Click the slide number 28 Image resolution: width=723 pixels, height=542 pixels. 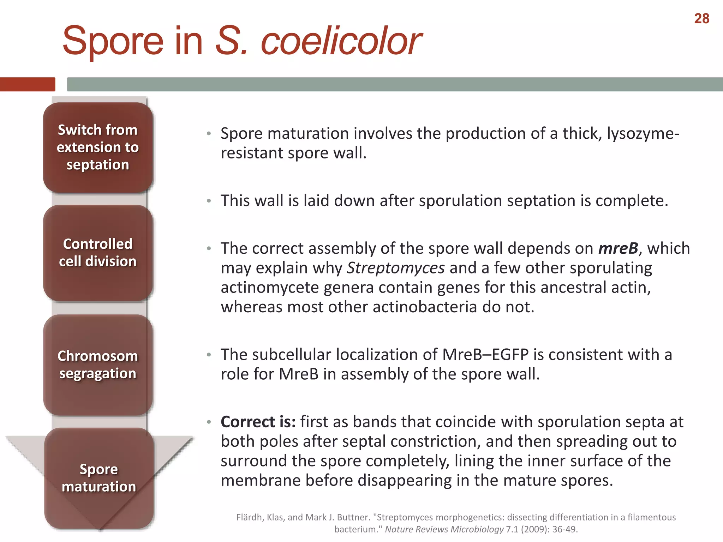701,19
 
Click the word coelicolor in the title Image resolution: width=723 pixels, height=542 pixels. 341,41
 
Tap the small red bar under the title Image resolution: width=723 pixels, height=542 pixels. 28,84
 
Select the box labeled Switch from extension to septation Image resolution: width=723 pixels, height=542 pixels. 98,147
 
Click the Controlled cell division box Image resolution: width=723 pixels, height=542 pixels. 98,253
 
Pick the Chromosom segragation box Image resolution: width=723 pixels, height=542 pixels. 98,365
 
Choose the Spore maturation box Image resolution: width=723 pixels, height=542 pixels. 99,478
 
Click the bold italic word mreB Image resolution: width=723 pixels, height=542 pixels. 618,248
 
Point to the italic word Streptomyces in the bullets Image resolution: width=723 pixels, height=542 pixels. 396,268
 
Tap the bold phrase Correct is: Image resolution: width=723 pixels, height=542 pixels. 258,422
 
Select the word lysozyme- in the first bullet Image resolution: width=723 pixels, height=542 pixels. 643,134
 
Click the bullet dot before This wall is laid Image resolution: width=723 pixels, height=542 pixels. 209,201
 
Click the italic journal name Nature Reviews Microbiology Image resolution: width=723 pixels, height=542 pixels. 444,529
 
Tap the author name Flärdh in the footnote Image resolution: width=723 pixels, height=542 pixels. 250,517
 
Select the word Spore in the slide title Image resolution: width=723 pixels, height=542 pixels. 113,41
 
